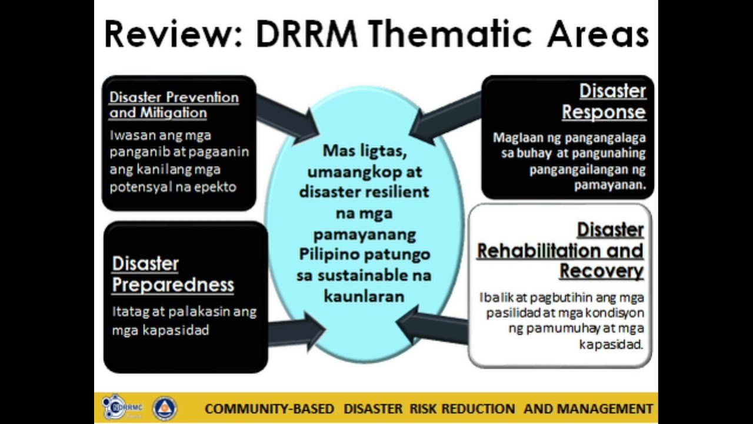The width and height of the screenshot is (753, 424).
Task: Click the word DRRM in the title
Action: click(306, 34)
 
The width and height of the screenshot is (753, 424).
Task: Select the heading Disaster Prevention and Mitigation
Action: click(174, 105)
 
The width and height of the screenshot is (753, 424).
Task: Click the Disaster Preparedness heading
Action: click(172, 274)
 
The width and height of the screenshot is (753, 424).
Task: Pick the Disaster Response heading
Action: click(604, 101)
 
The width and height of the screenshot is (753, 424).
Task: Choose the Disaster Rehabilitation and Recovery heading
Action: click(560, 250)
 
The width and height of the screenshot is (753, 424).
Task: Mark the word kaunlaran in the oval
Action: click(364, 296)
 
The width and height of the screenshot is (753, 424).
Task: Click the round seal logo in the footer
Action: click(165, 408)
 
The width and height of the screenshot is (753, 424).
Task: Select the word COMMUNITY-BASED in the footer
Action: click(269, 409)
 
